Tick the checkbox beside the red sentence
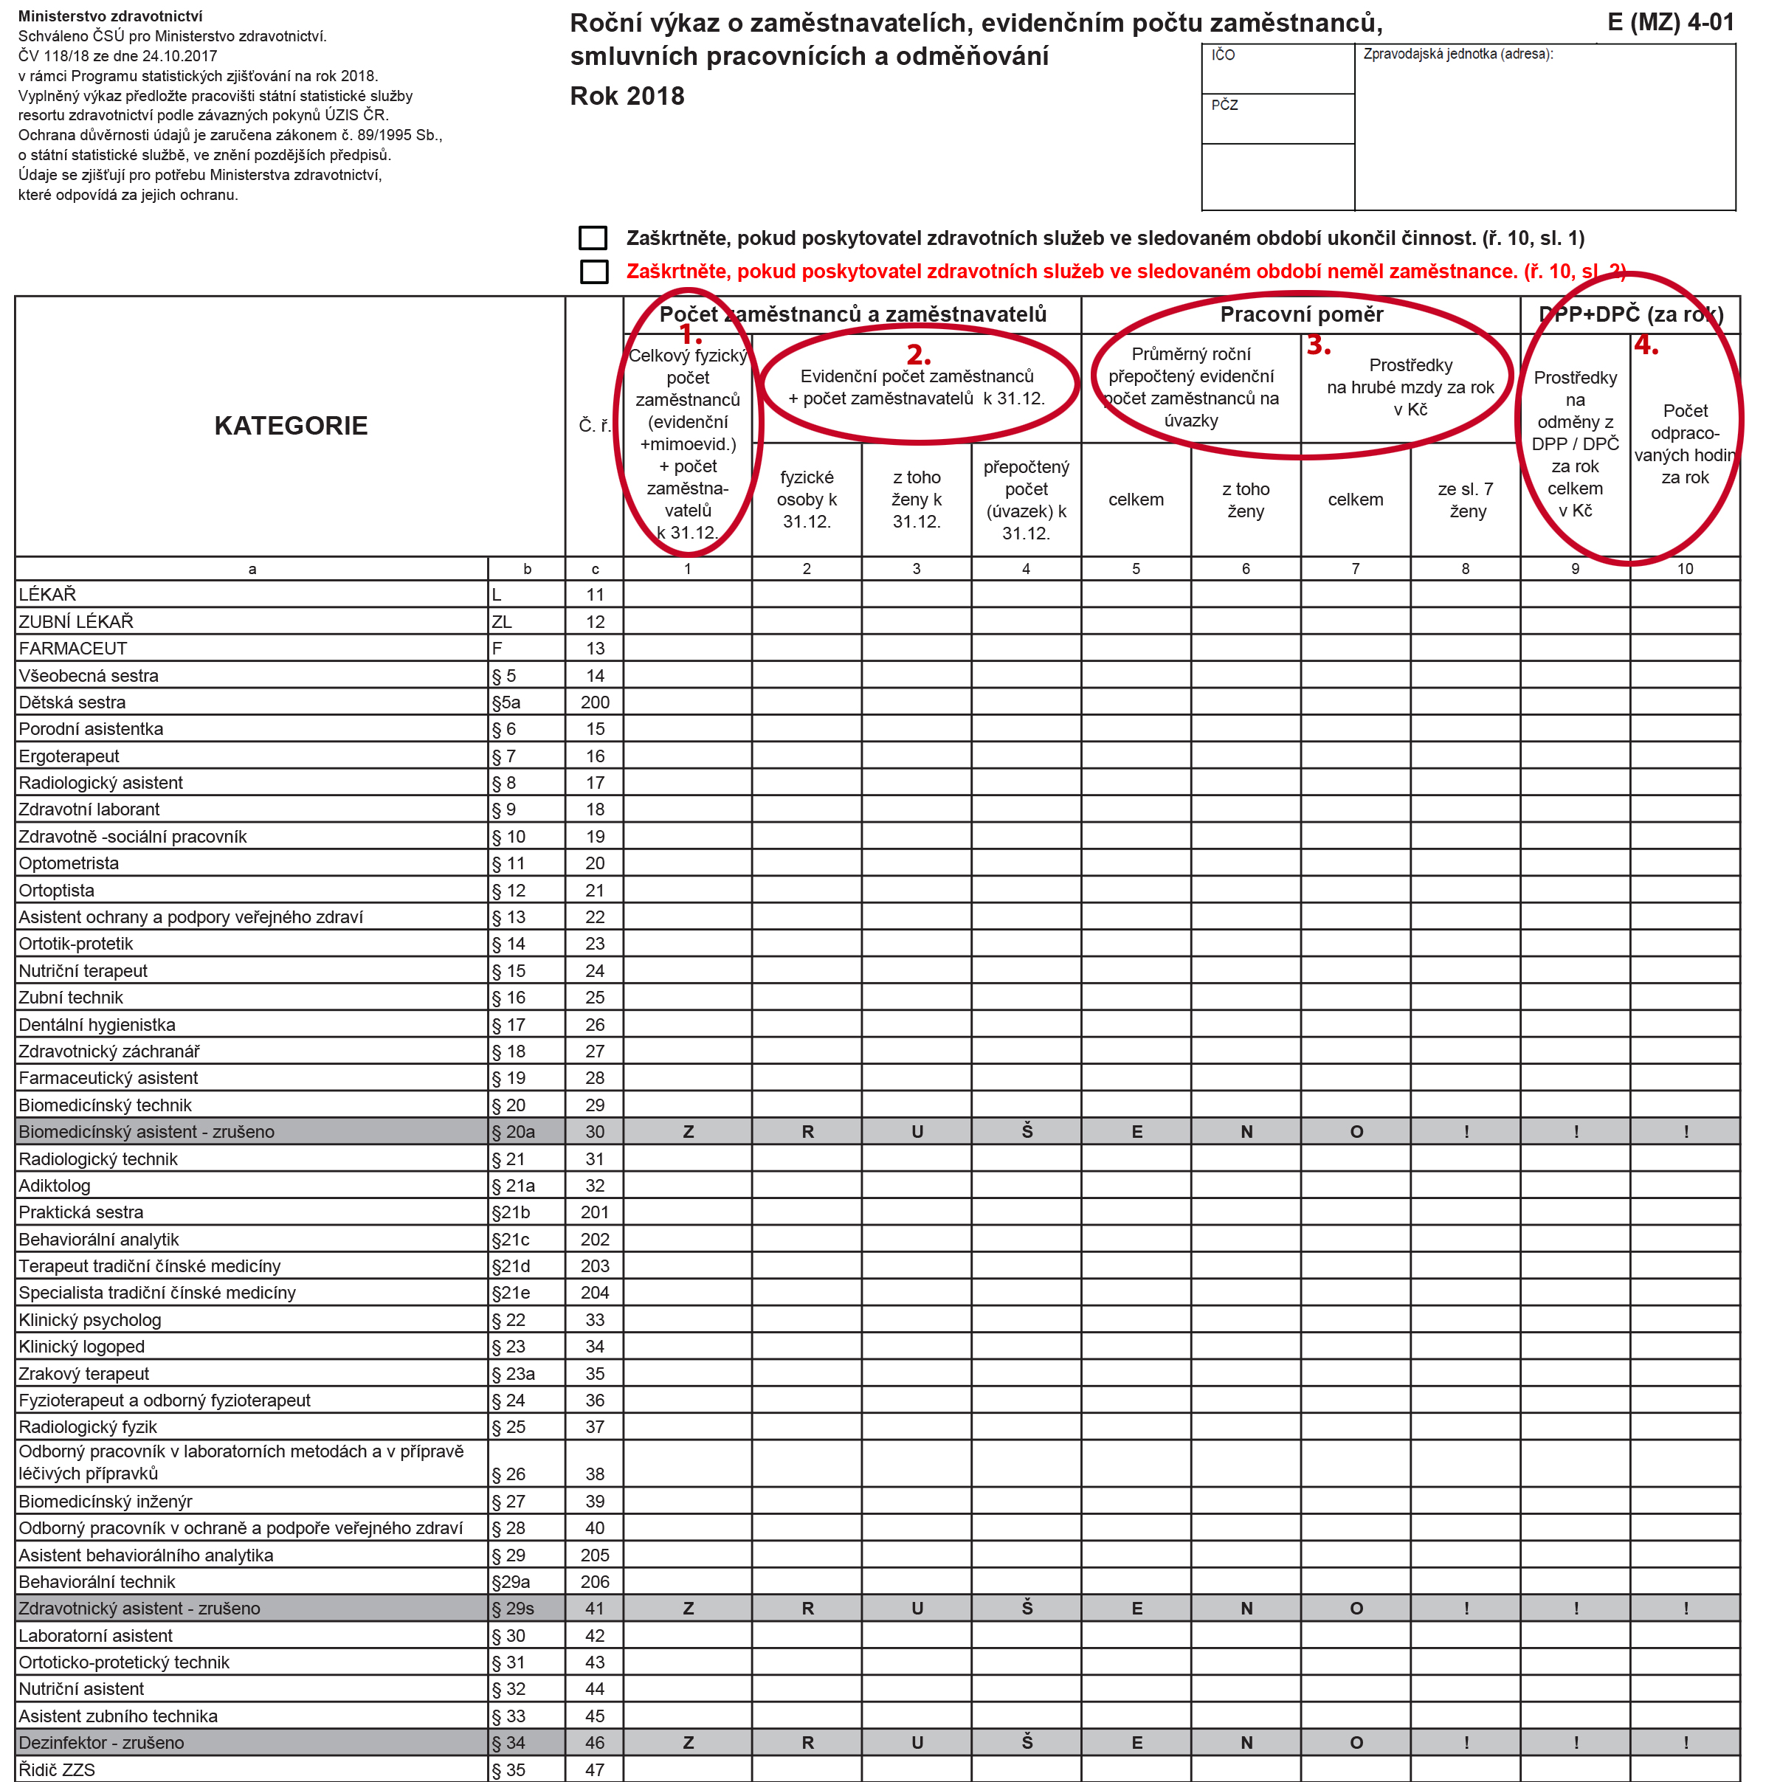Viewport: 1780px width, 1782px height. pos(594,272)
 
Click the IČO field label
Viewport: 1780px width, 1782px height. pos(1223,55)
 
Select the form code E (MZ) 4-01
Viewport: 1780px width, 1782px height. pos(1670,22)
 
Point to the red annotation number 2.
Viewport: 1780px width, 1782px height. pos(919,355)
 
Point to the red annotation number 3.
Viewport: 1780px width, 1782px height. pos(1318,346)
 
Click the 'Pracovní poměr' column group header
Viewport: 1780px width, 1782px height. pos(1300,314)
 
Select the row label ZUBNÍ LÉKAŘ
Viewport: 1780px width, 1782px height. pos(77,621)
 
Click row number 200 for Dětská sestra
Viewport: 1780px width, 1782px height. pos(595,702)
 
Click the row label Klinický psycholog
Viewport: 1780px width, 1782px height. pos(90,1319)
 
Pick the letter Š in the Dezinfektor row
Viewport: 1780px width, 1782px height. pos(1027,1741)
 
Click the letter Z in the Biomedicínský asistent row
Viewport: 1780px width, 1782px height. pos(688,1132)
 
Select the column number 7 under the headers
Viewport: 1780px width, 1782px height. pos(1355,568)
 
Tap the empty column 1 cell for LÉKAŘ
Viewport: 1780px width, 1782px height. pos(688,595)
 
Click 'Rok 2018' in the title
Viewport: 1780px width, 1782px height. pos(627,96)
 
